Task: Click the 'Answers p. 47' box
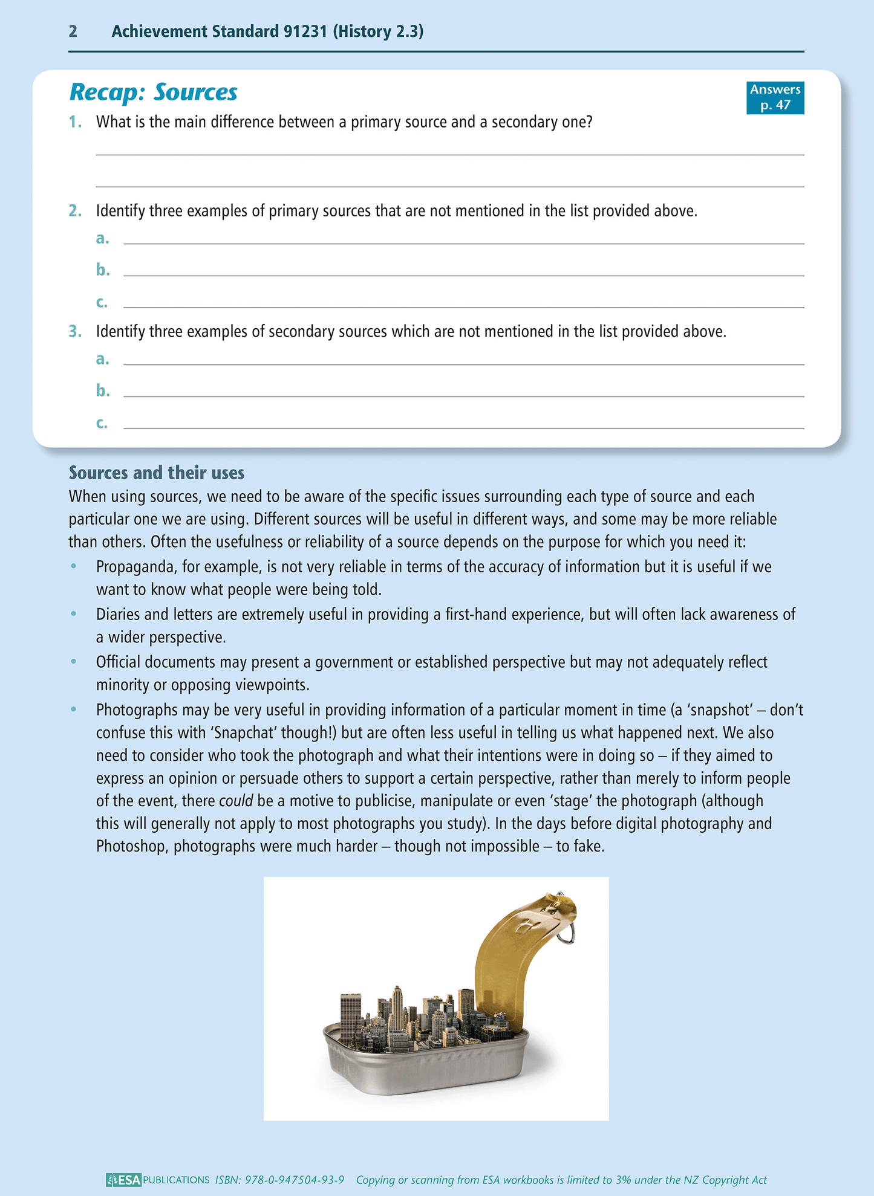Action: coord(775,97)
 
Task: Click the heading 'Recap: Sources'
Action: coord(153,92)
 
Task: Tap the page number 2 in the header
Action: coord(73,31)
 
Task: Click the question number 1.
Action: coord(75,122)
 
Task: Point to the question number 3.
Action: coord(75,332)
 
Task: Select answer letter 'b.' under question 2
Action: coord(103,270)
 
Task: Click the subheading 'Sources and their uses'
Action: coord(157,473)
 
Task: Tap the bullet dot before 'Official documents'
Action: coord(74,662)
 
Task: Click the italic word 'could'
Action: coord(235,801)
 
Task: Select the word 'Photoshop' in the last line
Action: coord(132,847)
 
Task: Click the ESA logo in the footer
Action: coord(124,1180)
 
